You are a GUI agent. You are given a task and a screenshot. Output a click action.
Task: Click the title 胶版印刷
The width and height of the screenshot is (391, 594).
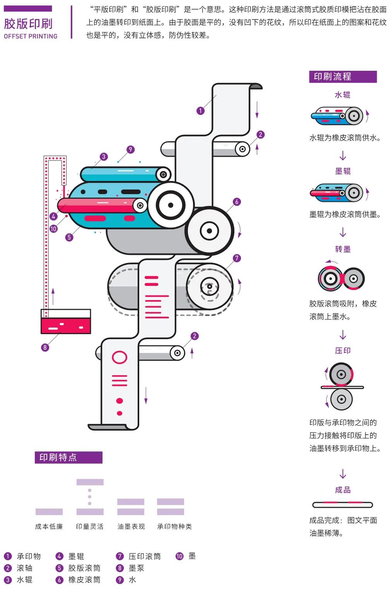28,24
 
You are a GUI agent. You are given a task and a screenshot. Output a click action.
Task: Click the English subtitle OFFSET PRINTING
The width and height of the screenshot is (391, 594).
31,36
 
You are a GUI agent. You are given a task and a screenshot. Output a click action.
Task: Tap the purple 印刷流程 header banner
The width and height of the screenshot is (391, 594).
343,77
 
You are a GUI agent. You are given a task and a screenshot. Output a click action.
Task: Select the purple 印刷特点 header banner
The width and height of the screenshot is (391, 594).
68,457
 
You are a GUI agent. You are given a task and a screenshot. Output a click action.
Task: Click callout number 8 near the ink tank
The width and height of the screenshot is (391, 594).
45,347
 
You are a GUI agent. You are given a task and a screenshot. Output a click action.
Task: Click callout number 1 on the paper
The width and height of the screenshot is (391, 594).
200,111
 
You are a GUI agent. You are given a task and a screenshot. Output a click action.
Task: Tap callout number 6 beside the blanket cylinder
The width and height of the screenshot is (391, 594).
237,201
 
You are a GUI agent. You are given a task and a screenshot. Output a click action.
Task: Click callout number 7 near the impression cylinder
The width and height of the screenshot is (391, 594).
237,258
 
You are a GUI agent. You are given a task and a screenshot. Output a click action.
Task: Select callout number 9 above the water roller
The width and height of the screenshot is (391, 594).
130,149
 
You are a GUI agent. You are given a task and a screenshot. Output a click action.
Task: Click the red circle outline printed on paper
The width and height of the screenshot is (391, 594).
120,357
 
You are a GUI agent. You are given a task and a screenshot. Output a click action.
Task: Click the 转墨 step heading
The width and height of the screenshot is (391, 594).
343,249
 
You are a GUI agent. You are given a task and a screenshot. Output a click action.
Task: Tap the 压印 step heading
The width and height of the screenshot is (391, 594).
343,350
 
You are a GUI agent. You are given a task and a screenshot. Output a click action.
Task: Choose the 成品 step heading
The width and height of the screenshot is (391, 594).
343,490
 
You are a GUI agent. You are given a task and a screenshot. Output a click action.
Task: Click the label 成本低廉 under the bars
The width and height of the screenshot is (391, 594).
49,526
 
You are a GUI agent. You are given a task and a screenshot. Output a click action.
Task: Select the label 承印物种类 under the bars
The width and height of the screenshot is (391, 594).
174,526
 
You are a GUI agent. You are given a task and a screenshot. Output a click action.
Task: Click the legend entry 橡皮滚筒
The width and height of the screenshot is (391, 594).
84,580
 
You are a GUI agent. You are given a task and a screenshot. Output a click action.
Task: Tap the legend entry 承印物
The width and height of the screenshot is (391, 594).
29,556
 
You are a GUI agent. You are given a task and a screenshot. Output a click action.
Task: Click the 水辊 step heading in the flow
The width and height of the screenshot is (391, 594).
343,95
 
